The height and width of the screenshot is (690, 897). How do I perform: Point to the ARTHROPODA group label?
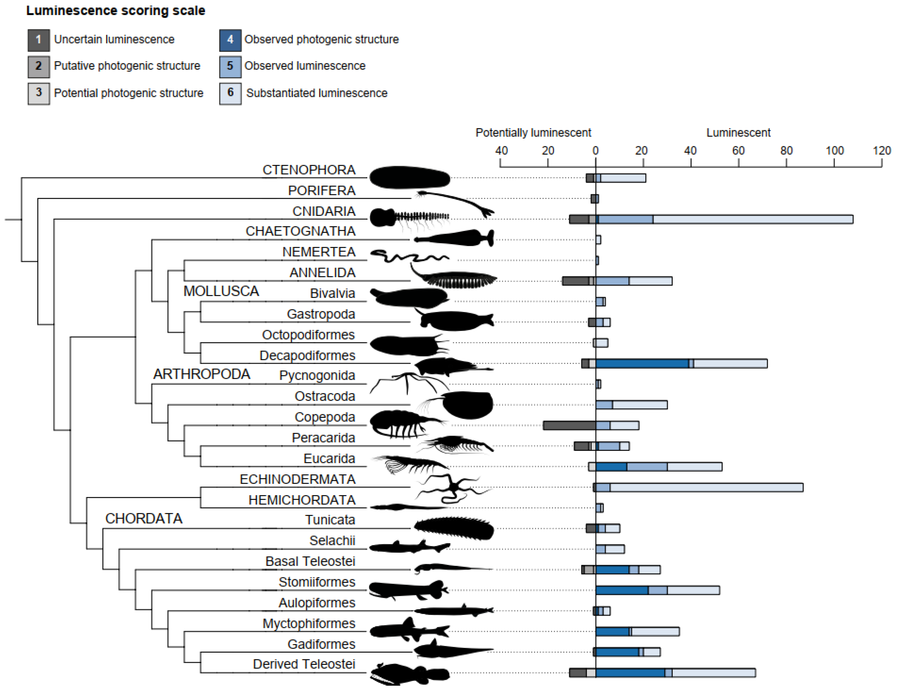(202, 374)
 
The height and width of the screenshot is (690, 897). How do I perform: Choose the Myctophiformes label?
(309, 623)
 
